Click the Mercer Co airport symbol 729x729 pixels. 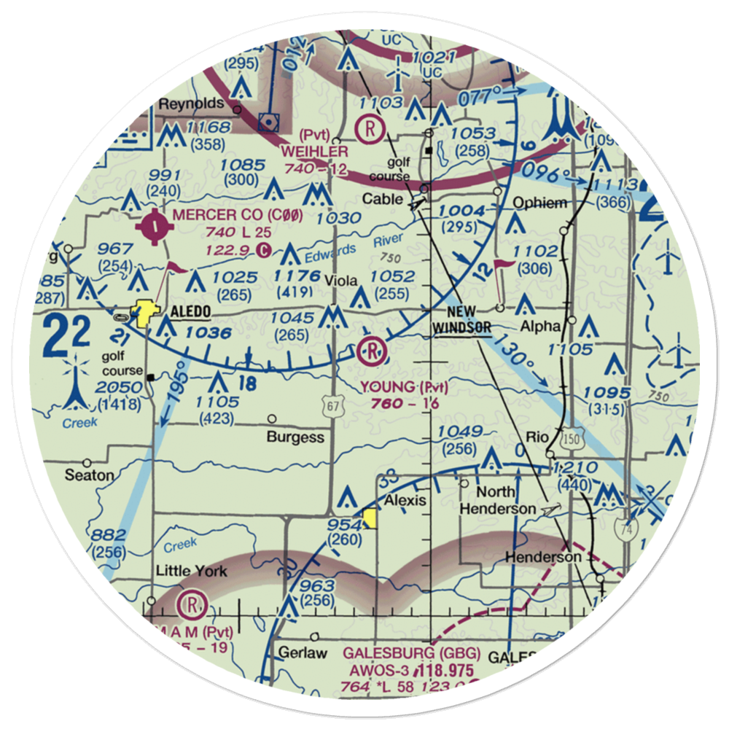[x=156, y=229]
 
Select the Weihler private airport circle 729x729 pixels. [x=371, y=130]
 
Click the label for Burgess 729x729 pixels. [x=295, y=437]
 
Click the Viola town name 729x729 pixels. [x=340, y=281]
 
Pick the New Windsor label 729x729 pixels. [x=461, y=321]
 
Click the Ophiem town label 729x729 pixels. [x=539, y=203]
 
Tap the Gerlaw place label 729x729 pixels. [x=302, y=652]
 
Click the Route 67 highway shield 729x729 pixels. [x=333, y=410]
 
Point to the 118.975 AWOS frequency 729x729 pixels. [x=445, y=671]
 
